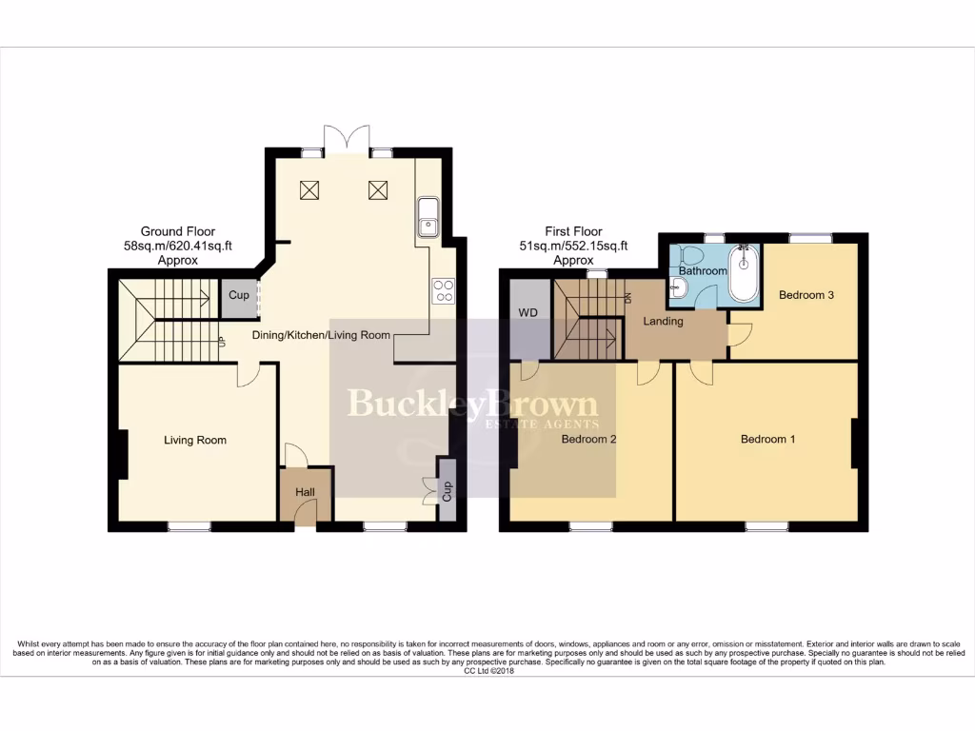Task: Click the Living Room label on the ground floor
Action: (195, 440)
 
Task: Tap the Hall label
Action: (305, 492)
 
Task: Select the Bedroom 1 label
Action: (768, 439)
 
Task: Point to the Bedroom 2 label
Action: (589, 439)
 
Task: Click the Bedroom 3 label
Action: (806, 295)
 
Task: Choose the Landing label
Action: (663, 321)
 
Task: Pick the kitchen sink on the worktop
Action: (428, 216)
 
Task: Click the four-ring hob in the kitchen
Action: (443, 289)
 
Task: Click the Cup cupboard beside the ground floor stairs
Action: (238, 296)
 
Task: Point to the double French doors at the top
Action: (345, 139)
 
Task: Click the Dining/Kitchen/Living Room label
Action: (321, 335)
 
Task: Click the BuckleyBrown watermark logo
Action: (472, 406)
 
